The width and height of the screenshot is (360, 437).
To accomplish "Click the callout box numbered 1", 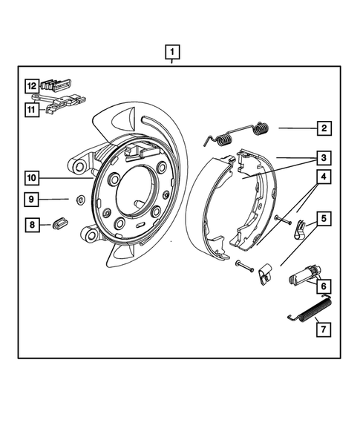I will tap(172, 52).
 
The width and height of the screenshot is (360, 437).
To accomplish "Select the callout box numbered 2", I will tap(324, 128).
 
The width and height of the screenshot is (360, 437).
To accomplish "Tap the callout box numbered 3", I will tap(324, 157).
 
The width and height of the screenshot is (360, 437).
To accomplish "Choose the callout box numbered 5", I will tap(324, 219).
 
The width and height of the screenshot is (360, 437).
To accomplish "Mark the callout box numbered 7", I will tap(324, 325).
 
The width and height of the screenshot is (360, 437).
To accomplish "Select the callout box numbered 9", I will tap(33, 199).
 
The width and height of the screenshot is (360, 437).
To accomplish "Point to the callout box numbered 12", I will tap(32, 85).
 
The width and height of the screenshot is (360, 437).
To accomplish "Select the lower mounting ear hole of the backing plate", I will tap(91, 235).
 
